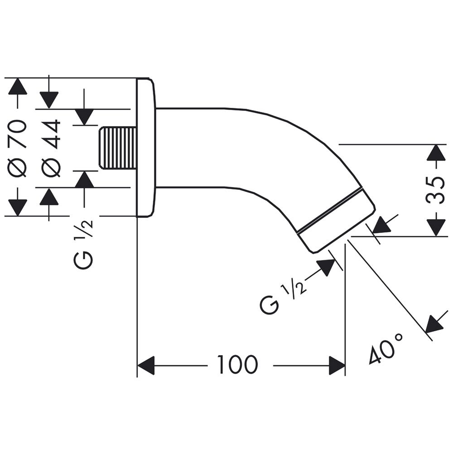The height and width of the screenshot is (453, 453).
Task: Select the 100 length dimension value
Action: [x=237, y=365]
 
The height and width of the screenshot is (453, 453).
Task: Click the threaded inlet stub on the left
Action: [x=117, y=148]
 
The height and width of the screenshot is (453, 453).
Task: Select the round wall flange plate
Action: [x=145, y=148]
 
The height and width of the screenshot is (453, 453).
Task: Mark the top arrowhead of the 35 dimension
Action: [x=436, y=153]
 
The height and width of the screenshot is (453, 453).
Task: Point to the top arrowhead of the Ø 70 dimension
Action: [x=18, y=86]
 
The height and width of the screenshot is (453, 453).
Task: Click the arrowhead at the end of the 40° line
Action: [x=434, y=323]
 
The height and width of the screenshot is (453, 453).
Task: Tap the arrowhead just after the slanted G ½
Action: [x=327, y=267]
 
